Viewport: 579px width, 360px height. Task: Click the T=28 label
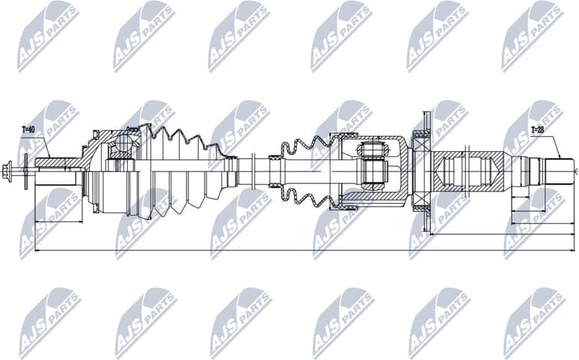point(538,130)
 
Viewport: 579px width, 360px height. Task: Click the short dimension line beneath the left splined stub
point(58,222)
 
